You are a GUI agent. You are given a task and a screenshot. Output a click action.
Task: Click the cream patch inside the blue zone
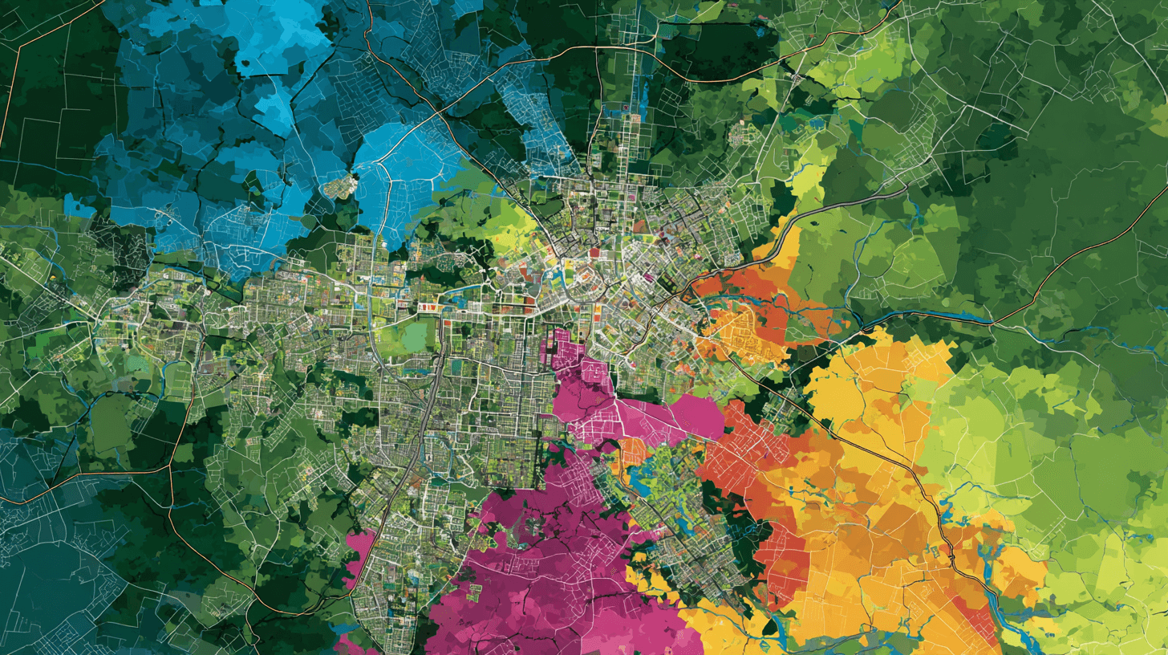point(340,187)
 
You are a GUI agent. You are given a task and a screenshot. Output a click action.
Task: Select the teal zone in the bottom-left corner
point(48,578)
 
